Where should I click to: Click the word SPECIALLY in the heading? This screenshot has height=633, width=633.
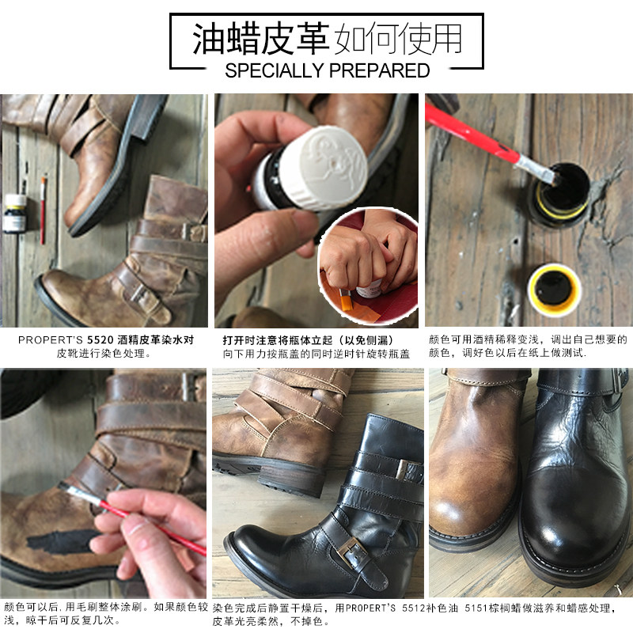275,70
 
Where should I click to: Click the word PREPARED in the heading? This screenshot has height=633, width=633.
380,70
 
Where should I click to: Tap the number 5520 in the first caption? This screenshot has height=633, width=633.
100,340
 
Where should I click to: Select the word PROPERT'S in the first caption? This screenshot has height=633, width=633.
51,340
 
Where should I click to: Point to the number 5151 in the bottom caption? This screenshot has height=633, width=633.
474,608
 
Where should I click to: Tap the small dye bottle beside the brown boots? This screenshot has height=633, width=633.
15,213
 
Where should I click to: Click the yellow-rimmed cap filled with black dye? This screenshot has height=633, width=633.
554,289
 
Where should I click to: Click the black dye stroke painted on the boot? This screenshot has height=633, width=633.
62,541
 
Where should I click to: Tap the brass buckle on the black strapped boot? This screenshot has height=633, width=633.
352,552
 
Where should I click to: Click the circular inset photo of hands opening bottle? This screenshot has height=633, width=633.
368,266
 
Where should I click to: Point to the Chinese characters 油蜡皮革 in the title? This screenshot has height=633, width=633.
260,39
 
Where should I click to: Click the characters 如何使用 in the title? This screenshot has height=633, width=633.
399,39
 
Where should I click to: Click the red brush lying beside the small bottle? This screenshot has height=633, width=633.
43,210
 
